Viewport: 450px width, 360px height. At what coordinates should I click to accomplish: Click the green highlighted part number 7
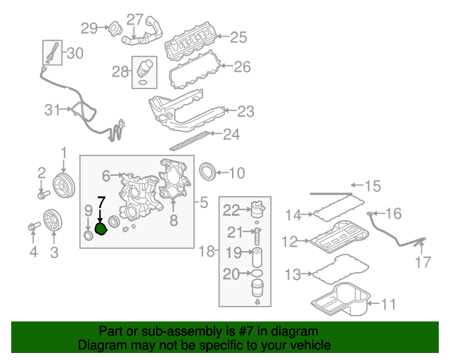pyautogui.click(x=101, y=229)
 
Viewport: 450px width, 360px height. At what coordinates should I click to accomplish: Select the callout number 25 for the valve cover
pyautogui.click(x=239, y=38)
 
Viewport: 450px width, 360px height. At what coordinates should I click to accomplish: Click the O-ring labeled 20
pyautogui.click(x=257, y=274)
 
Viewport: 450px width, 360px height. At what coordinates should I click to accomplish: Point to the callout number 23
pyautogui.click(x=245, y=111)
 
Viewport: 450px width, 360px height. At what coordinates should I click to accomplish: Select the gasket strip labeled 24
pyautogui.click(x=186, y=141)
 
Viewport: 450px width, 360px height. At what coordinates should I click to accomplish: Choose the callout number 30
pyautogui.click(x=75, y=53)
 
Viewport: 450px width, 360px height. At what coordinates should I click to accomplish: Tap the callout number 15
pyautogui.click(x=372, y=186)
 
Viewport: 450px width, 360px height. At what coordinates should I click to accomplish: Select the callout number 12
pyautogui.click(x=290, y=241)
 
